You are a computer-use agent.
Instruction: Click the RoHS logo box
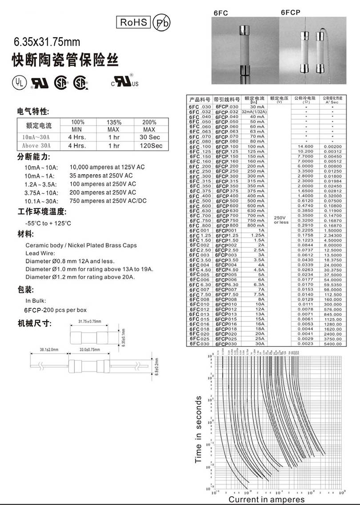coord(133,22)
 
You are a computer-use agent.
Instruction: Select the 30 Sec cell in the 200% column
coord(149,137)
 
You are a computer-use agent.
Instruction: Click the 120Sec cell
coord(149,145)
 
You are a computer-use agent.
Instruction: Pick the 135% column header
coord(113,122)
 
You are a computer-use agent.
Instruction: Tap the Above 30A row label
coord(36,145)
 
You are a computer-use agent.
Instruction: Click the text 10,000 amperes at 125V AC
coord(108,167)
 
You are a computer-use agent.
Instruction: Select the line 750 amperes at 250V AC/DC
coord(108,201)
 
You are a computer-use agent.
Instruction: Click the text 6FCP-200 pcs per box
coord(55,310)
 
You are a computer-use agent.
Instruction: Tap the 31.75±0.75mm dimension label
coord(89,321)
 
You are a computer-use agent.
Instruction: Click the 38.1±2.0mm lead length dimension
coord(49,350)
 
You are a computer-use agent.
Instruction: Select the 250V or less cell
coord(280,219)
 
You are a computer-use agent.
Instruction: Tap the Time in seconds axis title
coord(199,429)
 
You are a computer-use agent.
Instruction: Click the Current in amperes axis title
coord(267,499)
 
